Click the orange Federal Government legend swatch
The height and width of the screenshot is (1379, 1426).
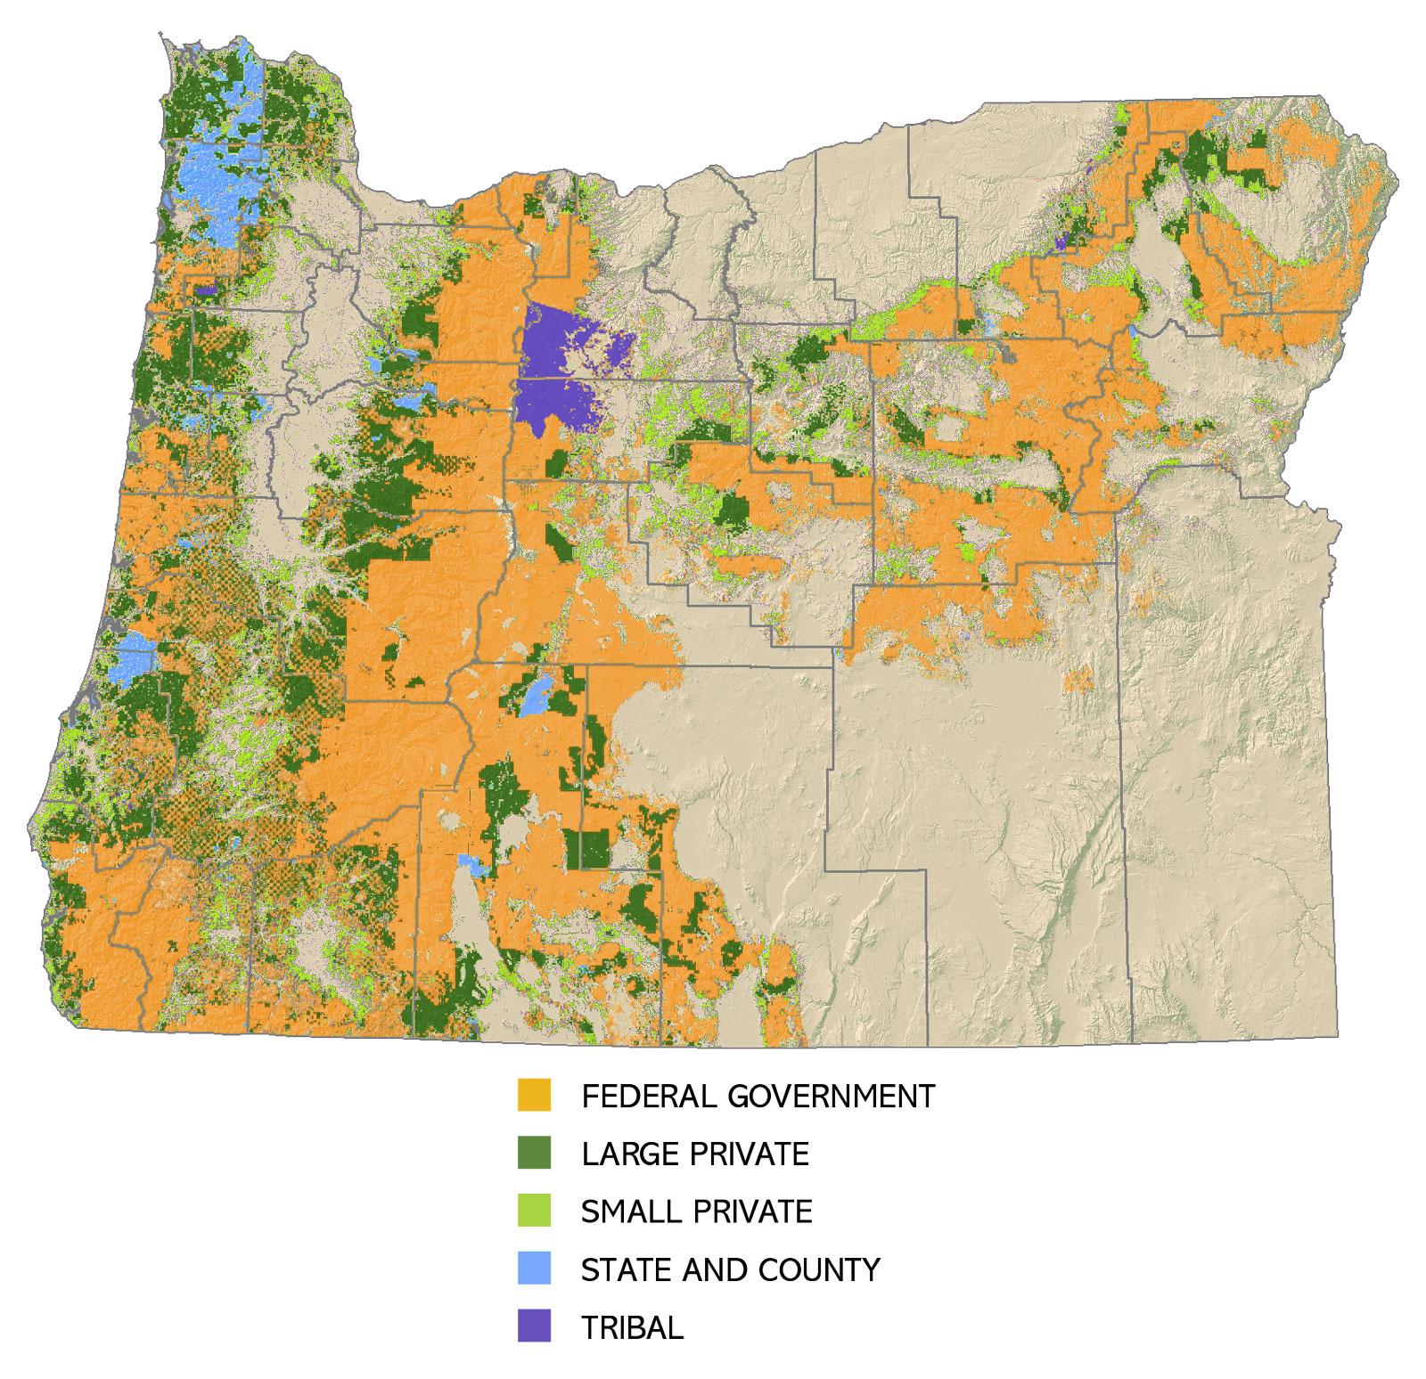point(534,1095)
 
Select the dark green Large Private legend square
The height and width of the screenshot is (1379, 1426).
point(534,1153)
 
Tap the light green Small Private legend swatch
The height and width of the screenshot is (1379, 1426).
point(534,1211)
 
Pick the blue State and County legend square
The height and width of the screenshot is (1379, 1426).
point(534,1269)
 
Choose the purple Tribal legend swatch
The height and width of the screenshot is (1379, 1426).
point(534,1326)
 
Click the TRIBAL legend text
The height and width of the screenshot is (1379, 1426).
point(632,1327)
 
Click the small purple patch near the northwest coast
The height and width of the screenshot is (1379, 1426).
point(206,289)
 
